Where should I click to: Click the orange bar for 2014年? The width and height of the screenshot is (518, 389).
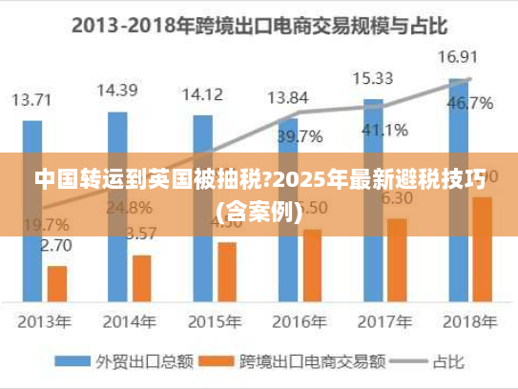pyautogui.click(x=142, y=277)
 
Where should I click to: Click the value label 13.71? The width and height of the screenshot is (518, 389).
pyautogui.click(x=32, y=98)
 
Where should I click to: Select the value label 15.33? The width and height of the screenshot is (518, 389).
pyautogui.click(x=373, y=78)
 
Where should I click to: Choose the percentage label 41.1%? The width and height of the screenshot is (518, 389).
pyautogui.click(x=384, y=129)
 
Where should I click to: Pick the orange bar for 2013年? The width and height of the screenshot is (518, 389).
pyautogui.click(x=57, y=282)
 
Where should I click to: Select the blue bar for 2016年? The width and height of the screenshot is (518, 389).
pyautogui.click(x=288, y=210)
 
